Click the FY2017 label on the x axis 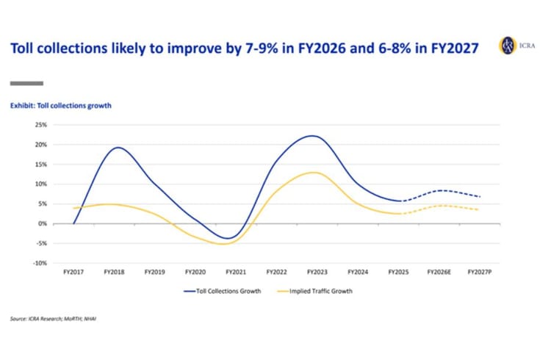(73, 272)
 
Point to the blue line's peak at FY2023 (312, 136)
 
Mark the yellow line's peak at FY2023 (314, 173)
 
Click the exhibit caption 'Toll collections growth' (60, 106)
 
